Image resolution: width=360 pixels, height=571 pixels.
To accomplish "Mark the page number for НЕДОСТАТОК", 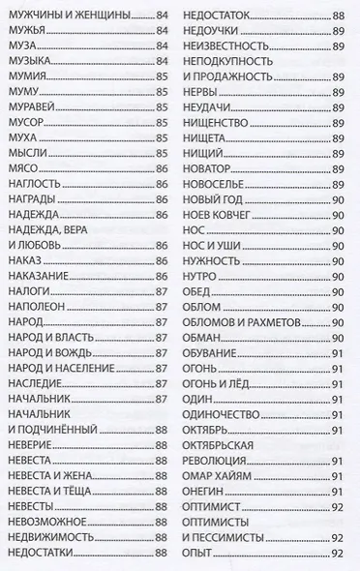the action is point(337,16).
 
